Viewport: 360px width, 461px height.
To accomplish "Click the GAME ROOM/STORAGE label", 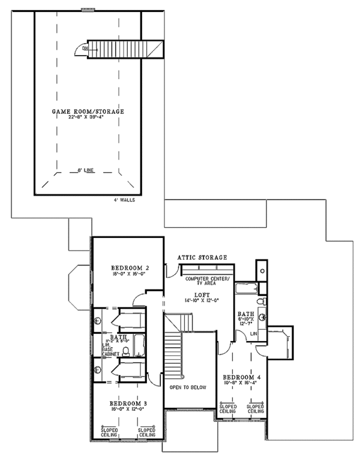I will click(x=88, y=112).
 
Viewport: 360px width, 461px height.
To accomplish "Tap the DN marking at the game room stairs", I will click(x=86, y=48).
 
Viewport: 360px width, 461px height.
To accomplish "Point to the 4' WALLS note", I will click(x=124, y=200).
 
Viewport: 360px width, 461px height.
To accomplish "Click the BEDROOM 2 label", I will click(x=130, y=267).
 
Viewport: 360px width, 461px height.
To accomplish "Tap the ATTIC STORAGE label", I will click(x=202, y=257).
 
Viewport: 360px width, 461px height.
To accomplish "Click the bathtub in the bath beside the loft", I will click(x=245, y=289).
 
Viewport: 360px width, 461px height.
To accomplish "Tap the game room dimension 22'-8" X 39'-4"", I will click(x=88, y=117).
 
